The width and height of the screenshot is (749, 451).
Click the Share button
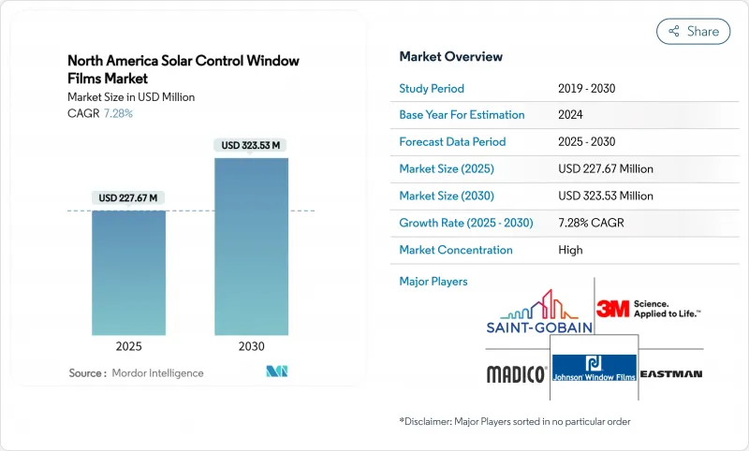pos(693,31)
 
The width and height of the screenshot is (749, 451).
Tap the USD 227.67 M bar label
pos(129,197)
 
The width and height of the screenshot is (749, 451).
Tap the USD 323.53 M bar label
pos(252,145)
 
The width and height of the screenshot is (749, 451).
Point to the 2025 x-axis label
pos(129,345)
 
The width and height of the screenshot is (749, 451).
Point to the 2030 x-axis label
pos(252,345)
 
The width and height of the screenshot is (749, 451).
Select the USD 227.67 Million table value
pos(605,168)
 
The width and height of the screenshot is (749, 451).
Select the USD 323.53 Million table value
pos(605,196)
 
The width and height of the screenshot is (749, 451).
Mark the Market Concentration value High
pos(570,250)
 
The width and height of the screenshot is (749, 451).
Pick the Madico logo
pos(516,374)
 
